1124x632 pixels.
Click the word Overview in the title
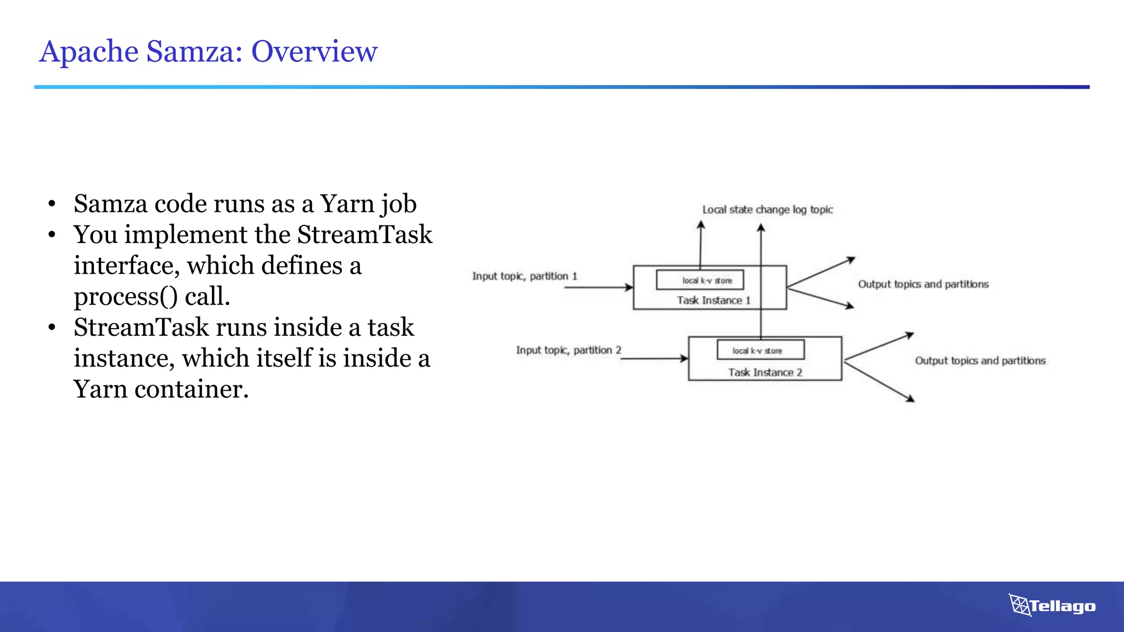[x=314, y=52]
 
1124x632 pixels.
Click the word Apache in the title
[x=89, y=52]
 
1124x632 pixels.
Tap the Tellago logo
[x=1052, y=606]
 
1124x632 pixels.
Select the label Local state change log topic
[x=767, y=210]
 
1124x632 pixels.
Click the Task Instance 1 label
[x=713, y=300]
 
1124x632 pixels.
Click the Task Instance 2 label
[x=765, y=373]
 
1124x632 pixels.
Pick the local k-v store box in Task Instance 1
[x=700, y=280]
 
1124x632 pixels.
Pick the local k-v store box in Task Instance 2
[x=760, y=350]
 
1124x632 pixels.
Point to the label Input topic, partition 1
[x=525, y=276]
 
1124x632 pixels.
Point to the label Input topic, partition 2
[x=568, y=350]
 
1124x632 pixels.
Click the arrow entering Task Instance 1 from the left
[x=598, y=287]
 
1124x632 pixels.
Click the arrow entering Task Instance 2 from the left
[x=653, y=358]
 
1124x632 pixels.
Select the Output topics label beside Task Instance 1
[x=923, y=284]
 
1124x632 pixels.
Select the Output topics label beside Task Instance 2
[x=980, y=360]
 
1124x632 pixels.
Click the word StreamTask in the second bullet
[x=364, y=235]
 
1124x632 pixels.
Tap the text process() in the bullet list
[x=126, y=297]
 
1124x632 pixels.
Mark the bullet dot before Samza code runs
[x=52, y=204]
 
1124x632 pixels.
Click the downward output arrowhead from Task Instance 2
[x=910, y=399]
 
